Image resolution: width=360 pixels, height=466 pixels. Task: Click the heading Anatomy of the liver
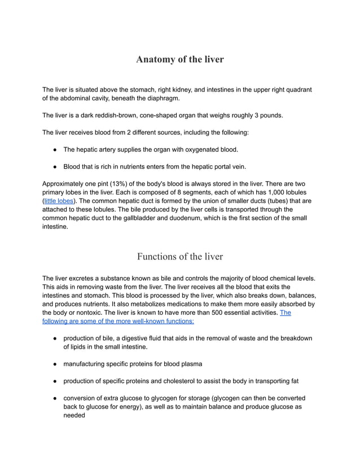point(179,59)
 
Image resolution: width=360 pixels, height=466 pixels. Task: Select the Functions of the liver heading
point(179,257)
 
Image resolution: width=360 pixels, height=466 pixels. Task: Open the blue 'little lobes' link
point(59,201)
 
